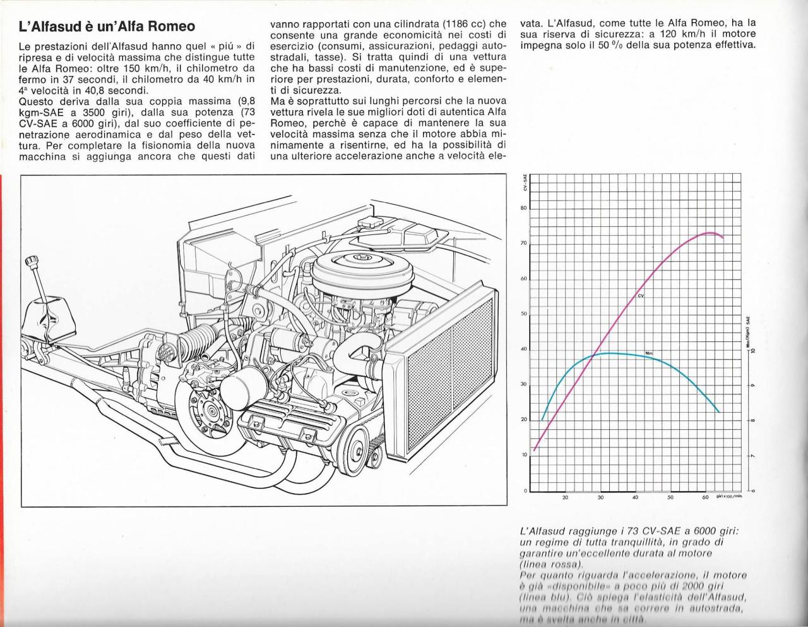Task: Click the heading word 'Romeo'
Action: click(170, 27)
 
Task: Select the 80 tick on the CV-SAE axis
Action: click(523, 209)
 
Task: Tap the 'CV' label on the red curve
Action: click(641, 296)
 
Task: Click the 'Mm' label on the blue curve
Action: click(648, 352)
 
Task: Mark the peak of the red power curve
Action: click(709, 233)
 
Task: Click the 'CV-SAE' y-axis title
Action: click(525, 183)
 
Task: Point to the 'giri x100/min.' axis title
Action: click(729, 497)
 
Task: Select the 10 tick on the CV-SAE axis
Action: click(524, 455)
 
